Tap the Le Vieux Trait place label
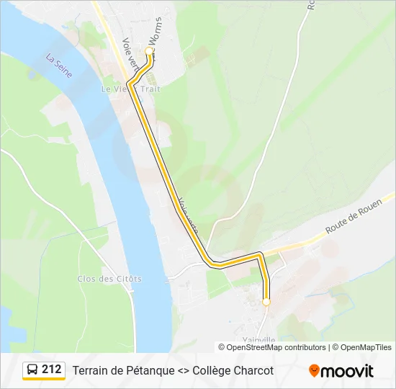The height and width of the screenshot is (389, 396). (x=131, y=89)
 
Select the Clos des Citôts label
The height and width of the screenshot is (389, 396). (x=110, y=278)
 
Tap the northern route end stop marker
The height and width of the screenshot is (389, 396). (x=150, y=52)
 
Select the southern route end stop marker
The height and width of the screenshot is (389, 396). (x=266, y=302)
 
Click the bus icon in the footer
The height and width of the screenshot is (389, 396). (x=32, y=370)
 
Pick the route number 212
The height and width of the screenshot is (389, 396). (x=52, y=370)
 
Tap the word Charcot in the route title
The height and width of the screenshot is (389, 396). (x=251, y=370)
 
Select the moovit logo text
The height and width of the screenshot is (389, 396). (x=347, y=371)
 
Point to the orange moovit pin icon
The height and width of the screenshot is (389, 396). (x=314, y=370)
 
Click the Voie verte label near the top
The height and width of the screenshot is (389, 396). (x=130, y=55)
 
